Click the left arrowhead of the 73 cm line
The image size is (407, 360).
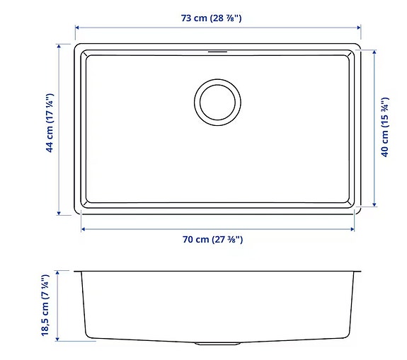click(76, 28)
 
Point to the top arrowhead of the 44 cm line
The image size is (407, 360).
click(59, 45)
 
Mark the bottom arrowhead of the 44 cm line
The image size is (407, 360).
click(59, 213)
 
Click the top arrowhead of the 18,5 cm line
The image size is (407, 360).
click(59, 272)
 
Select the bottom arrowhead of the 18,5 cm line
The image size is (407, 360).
click(59, 340)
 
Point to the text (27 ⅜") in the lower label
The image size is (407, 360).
click(225, 240)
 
